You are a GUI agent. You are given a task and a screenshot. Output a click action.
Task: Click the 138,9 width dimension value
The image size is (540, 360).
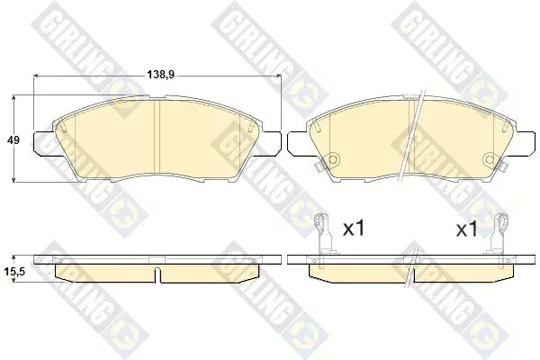pos(161,75)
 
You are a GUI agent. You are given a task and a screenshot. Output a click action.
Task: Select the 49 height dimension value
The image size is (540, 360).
pos(13,140)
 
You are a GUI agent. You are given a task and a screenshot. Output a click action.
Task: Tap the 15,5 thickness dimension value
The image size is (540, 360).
pos(14,272)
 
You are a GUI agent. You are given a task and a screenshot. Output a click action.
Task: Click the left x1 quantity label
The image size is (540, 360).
pos(354,229)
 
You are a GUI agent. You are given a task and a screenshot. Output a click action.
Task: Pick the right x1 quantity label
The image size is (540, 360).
pos(467,229)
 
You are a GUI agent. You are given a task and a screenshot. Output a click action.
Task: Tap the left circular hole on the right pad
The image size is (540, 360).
pos(333,159)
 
